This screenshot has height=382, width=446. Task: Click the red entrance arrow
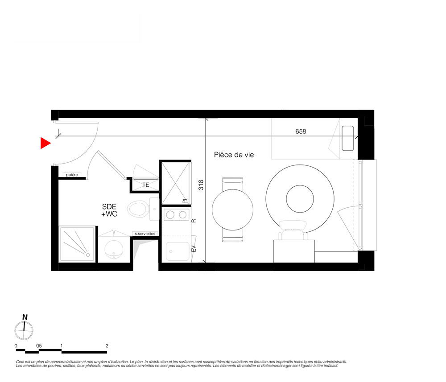(45, 143)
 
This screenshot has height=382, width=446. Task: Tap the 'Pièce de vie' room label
(234, 155)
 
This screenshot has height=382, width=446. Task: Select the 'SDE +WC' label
(109, 210)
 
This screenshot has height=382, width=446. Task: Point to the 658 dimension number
(301, 131)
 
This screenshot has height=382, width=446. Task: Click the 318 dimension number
(201, 185)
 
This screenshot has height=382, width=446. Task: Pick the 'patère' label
(72, 175)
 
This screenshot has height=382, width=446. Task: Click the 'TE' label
(146, 185)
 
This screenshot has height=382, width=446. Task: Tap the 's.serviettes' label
(145, 234)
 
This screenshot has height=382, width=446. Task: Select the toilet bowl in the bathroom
(138, 209)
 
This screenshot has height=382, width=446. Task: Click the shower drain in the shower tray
(88, 255)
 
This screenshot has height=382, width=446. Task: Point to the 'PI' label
(185, 201)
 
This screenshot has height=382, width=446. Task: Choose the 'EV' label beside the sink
(194, 248)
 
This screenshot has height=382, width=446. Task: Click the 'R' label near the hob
(194, 221)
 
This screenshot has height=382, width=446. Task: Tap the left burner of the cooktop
(170, 214)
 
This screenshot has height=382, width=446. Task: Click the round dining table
(232, 210)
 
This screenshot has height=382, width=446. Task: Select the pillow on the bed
(347, 138)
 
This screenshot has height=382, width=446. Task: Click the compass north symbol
(24, 327)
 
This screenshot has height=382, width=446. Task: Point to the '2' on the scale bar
(107, 346)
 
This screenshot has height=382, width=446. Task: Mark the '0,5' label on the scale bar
(39, 346)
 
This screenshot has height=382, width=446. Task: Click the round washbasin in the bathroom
(114, 250)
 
